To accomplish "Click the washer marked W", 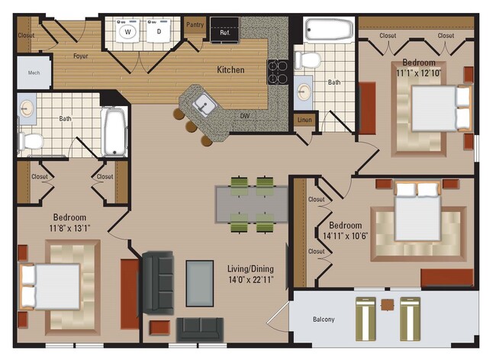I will pos(127,32).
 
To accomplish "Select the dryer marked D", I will pos(159,32).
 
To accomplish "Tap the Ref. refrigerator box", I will pos(225,33).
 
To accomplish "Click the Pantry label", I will pos(195,25).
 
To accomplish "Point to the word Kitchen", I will pos(230,70).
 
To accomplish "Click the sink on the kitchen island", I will pos(203,103).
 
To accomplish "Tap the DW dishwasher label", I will pos(244,116).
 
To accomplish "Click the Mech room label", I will pos(35,74).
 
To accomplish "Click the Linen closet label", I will pos(304,120).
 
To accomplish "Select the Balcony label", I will pos(324,319).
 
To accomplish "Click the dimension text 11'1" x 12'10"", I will pos(419,73).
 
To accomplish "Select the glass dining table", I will pos(251,204).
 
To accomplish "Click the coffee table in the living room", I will pos(200,283).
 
